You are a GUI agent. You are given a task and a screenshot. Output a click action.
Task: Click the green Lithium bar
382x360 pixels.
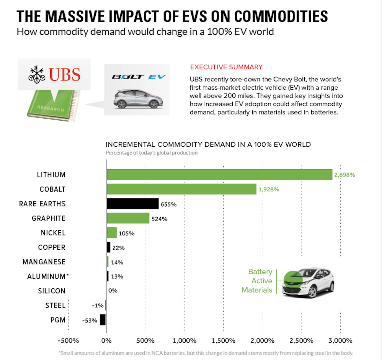(219, 175)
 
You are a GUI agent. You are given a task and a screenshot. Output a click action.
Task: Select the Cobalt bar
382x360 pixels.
(181, 189)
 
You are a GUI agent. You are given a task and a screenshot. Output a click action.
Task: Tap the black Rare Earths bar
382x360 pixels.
(132, 204)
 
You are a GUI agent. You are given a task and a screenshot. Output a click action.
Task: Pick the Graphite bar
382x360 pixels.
(128, 218)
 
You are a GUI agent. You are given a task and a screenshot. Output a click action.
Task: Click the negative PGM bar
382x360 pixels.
(103, 320)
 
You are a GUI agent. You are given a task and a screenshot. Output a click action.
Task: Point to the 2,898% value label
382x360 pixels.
(345, 175)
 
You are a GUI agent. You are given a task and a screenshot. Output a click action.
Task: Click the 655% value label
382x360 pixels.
(168, 204)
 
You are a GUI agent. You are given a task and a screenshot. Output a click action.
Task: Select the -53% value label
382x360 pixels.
(90, 320)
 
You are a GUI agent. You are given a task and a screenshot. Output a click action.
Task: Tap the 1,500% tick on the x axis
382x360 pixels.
(223, 340)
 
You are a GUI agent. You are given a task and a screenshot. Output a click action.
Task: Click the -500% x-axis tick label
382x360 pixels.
(68, 340)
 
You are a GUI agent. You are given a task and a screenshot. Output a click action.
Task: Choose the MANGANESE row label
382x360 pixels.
(44, 262)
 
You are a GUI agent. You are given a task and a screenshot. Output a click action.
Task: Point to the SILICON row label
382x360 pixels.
(52, 291)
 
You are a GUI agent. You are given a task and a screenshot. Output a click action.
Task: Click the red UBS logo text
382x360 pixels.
(65, 74)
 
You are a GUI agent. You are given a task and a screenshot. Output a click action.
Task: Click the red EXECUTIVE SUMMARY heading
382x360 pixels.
(226, 67)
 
